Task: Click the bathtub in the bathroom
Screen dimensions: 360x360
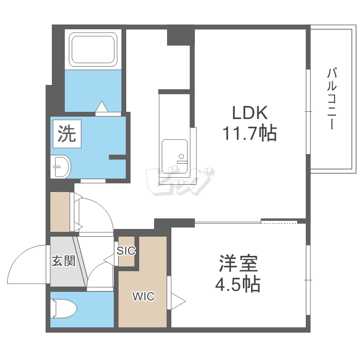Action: [93, 49]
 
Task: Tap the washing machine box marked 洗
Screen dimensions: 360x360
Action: [67, 134]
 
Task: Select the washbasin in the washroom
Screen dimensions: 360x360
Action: [60, 167]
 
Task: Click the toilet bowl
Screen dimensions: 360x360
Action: [64, 309]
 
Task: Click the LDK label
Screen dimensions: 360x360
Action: [250, 113]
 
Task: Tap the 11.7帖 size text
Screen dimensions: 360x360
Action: [250, 133]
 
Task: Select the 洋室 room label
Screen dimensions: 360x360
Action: [238, 264]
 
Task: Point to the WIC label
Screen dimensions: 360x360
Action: [144, 297]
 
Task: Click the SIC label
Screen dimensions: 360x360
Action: [126, 251]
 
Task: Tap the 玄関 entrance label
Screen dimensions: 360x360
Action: [63, 261]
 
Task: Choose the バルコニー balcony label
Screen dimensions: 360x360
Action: [332, 99]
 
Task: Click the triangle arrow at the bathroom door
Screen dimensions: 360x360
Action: [102, 107]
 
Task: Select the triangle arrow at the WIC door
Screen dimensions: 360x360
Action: [178, 301]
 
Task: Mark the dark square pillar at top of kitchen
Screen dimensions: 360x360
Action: [181, 35]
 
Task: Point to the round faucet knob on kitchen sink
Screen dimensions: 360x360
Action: [181, 156]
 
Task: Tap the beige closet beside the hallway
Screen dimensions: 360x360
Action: [60, 212]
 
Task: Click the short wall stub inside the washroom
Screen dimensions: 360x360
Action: [117, 157]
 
